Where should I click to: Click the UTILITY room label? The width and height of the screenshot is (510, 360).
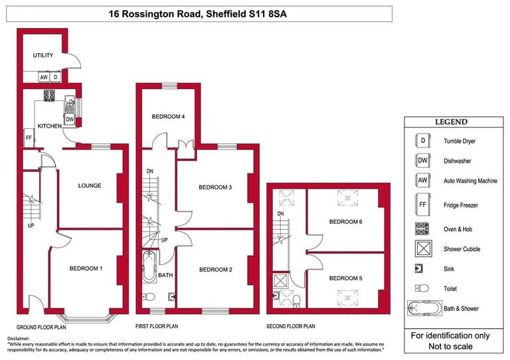pos(44,56)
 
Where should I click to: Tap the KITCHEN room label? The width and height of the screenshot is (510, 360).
pos(49,126)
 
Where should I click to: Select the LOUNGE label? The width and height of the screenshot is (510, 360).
pos(89,185)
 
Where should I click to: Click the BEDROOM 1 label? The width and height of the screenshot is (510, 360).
pos(86,268)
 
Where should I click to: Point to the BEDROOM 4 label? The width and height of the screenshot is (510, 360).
pos(168,117)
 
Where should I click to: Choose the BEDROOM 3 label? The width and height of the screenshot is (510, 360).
pos(215,187)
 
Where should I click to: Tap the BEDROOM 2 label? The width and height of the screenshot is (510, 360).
pos(215,269)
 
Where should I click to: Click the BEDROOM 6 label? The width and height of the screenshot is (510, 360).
pos(346,221)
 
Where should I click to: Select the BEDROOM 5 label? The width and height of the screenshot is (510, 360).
pos(346,278)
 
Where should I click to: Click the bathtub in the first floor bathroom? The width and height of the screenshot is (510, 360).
pos(148,269)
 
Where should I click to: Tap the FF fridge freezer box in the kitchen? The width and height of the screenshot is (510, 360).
pos(29,138)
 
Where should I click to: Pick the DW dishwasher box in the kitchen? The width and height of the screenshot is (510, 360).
pos(70,120)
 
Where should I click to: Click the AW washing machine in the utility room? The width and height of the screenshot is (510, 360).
pos(44,76)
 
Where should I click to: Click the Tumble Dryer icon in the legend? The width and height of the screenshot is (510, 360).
pos(422,141)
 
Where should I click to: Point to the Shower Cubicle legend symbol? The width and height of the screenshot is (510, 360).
pos(422,249)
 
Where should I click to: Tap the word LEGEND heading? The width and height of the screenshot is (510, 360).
pos(451,122)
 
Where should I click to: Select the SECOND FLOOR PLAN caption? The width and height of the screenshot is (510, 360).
pos(290,327)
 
